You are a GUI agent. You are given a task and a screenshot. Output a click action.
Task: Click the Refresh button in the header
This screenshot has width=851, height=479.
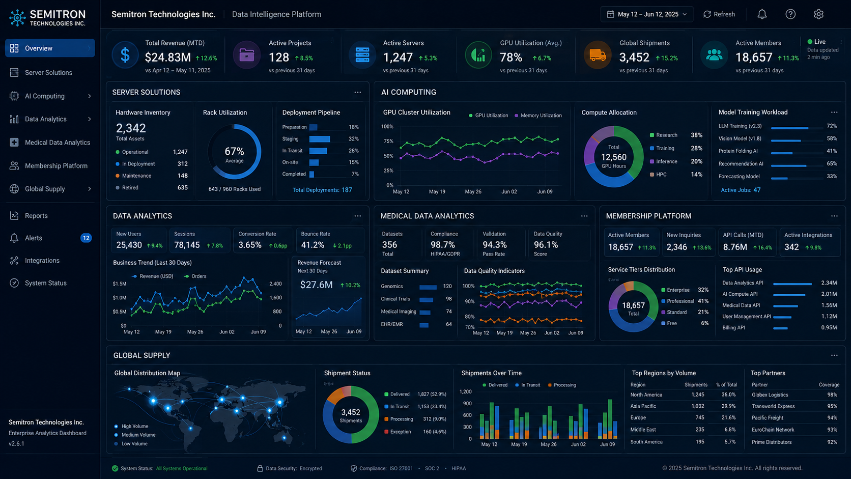pos(719,14)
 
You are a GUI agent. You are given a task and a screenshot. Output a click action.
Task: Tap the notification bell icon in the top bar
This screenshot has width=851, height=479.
pos(762,14)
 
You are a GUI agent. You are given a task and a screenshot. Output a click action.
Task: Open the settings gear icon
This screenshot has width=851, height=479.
pos(818,14)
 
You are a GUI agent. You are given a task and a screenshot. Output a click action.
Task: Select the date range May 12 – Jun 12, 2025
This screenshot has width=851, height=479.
pos(646,14)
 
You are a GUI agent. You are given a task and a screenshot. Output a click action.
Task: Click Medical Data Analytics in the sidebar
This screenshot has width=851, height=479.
pos(58,143)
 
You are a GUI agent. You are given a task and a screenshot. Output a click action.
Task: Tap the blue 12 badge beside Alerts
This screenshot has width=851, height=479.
pos(86,238)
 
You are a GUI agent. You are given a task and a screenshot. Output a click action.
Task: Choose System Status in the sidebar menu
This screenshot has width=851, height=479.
pos(46,283)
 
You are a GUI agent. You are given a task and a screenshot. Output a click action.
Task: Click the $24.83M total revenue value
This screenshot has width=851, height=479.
pos(168,58)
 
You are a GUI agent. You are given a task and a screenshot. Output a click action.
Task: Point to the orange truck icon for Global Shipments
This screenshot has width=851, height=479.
pos(597,55)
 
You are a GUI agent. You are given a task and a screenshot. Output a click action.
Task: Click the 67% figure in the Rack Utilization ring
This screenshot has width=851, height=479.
pos(235,151)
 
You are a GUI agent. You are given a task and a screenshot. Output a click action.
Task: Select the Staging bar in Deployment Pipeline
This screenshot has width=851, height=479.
pos(320,139)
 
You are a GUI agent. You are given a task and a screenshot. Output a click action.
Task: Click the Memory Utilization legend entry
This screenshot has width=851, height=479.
pos(538,116)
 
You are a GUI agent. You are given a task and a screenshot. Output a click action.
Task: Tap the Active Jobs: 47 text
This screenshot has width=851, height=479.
pos(741,190)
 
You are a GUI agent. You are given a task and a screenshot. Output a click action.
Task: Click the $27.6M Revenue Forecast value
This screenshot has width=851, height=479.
pos(316,285)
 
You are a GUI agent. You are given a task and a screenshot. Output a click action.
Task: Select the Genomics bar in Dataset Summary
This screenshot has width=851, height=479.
pos(428,287)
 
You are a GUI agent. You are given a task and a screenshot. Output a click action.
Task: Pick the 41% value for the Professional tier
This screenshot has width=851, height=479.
pos(703,301)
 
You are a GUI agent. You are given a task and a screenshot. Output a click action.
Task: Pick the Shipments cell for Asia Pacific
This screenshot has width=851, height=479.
pos(697,406)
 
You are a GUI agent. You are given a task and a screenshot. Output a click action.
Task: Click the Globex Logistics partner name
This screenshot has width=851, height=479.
pos(770,395)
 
